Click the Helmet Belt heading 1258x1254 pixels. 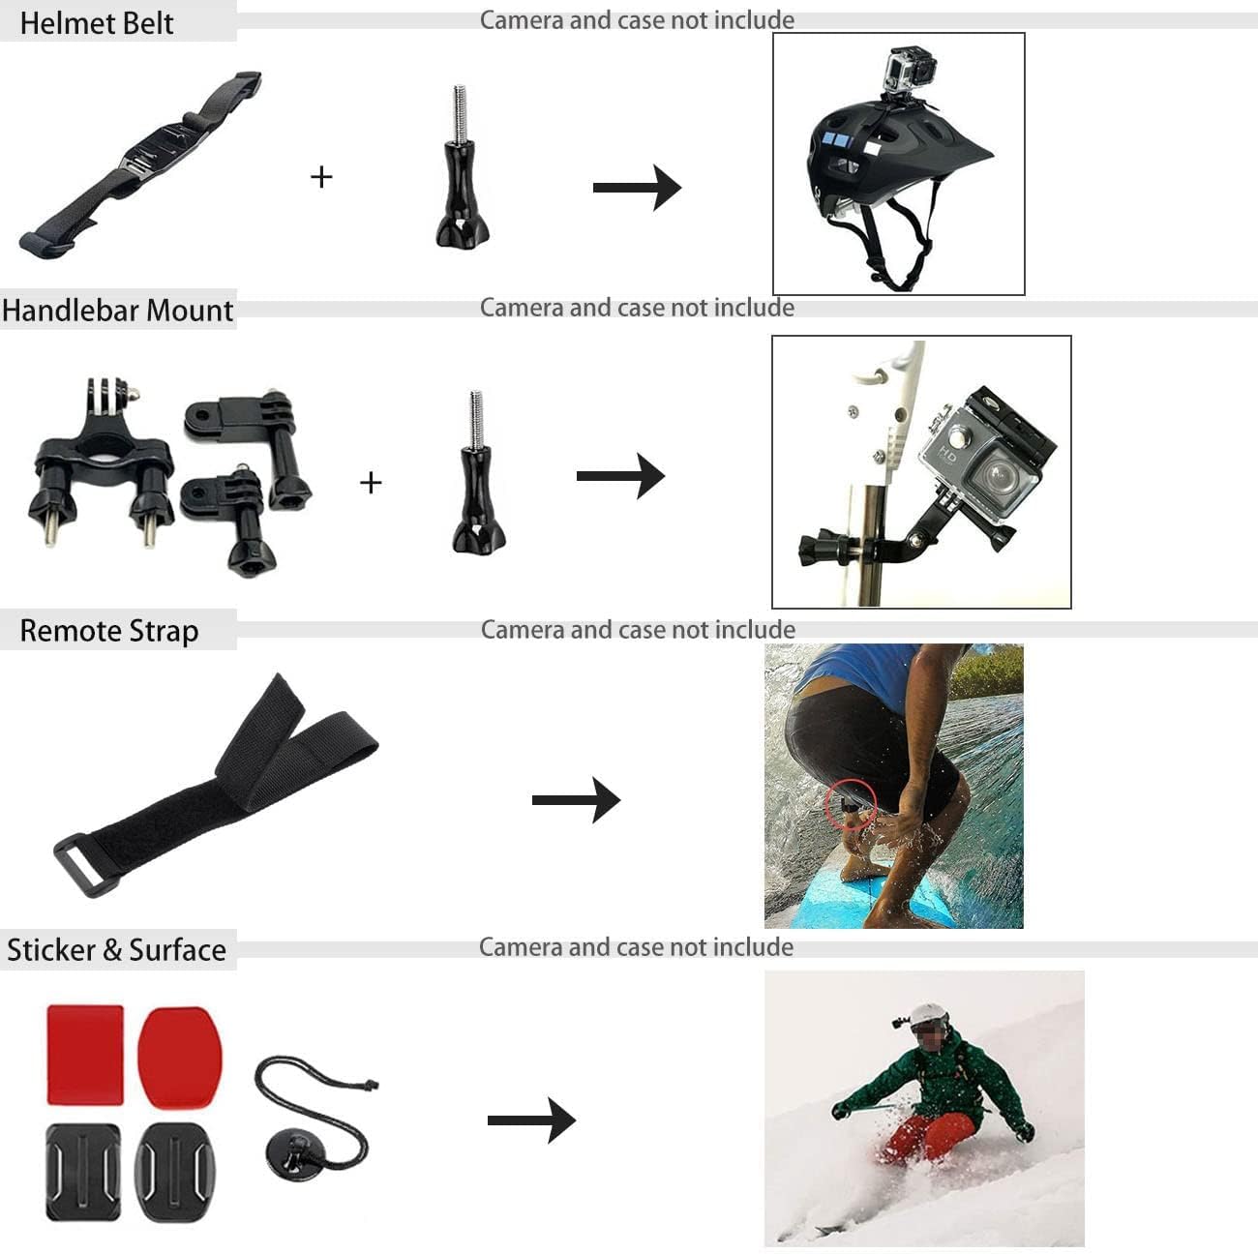click(x=97, y=23)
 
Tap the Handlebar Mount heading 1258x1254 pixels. click(x=117, y=311)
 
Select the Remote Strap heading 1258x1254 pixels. click(x=109, y=631)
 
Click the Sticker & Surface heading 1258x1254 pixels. click(x=117, y=950)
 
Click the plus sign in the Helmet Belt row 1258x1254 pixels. click(x=321, y=177)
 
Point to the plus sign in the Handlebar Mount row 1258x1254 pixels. click(x=371, y=483)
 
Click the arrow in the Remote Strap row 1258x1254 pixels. click(x=576, y=799)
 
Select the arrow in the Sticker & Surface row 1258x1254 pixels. click(x=531, y=1120)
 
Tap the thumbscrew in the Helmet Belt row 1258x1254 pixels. click(x=462, y=166)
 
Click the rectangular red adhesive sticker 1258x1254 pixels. click(x=85, y=1055)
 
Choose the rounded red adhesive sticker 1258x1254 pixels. click(x=180, y=1058)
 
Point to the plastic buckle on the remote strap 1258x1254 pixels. click(x=79, y=866)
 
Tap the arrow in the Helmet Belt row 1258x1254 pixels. click(x=637, y=188)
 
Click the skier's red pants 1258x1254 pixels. click(x=927, y=1137)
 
